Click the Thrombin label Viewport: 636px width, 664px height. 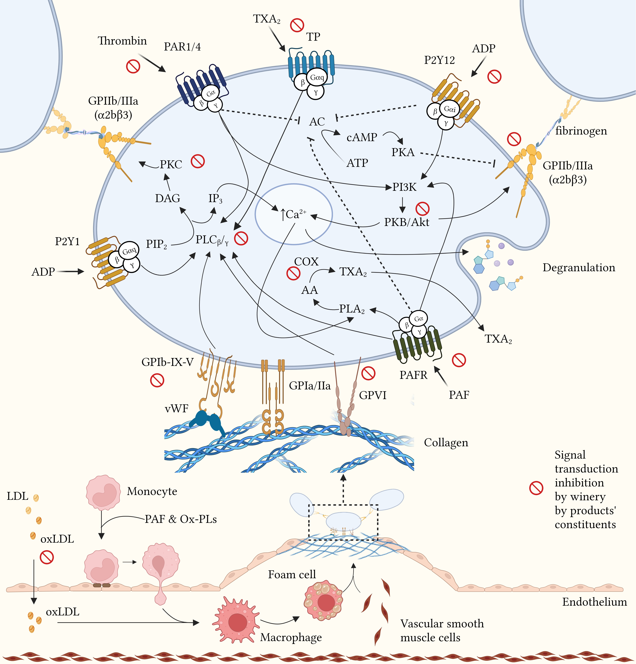[122, 41]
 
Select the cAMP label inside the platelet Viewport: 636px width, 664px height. [362, 137]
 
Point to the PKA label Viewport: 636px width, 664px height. [403, 152]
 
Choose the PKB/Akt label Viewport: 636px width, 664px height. [406, 222]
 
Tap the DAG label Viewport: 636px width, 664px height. [168, 198]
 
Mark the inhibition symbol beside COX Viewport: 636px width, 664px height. [293, 273]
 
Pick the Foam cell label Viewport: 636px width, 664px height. [292, 575]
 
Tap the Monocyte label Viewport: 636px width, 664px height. [152, 491]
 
